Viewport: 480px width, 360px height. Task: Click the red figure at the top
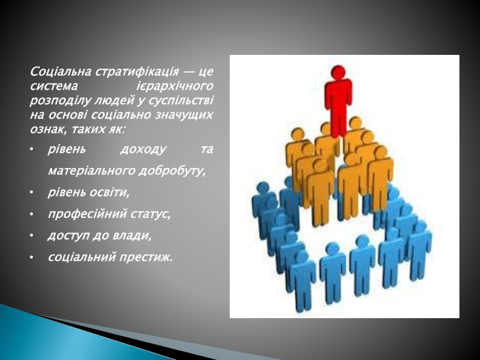(337, 103)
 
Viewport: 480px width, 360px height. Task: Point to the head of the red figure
(337, 72)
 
